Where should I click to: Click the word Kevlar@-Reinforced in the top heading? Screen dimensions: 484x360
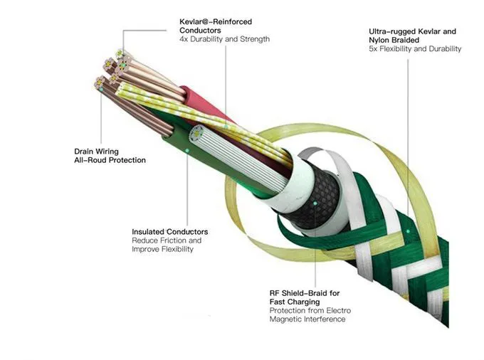click(x=216, y=22)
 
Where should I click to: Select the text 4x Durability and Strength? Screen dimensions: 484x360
click(x=224, y=39)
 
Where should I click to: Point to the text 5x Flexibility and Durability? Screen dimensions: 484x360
click(x=415, y=49)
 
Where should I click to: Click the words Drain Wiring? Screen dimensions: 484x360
click(x=96, y=152)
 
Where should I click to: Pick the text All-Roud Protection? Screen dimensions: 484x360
click(x=110, y=160)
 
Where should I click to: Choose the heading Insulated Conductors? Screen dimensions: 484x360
click(x=170, y=232)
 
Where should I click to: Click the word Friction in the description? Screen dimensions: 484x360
click(x=174, y=240)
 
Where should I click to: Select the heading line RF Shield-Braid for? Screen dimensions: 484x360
click(x=305, y=293)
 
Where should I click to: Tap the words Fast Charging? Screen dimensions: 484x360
click(x=295, y=302)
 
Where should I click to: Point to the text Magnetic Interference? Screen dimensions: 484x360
click(x=307, y=319)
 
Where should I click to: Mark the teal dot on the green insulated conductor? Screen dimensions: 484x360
click(x=187, y=150)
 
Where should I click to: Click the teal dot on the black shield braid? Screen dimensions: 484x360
click(x=315, y=203)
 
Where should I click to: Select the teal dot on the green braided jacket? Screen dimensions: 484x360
click(x=408, y=231)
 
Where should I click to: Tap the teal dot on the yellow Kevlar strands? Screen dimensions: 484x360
click(x=226, y=127)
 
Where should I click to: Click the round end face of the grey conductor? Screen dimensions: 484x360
click(x=196, y=134)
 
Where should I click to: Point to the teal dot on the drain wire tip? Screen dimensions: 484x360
click(x=101, y=90)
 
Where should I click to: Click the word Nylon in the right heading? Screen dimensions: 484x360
click(x=379, y=40)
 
